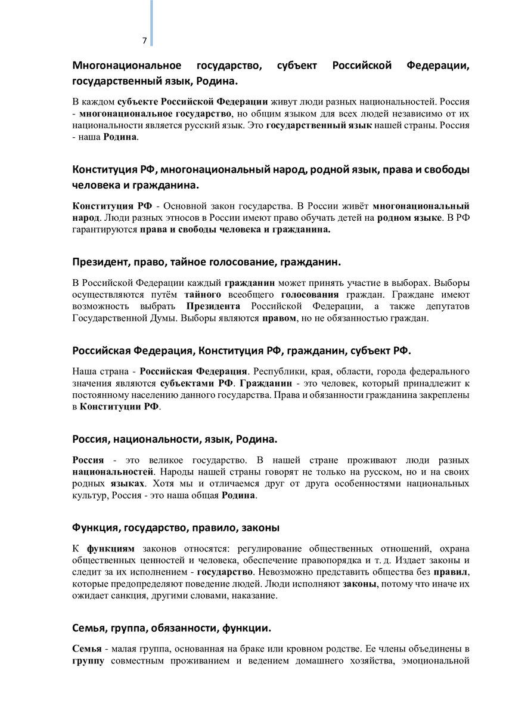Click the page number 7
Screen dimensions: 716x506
(144, 41)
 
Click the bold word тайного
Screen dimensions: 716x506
(203, 294)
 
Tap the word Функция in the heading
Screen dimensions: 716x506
(94, 527)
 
